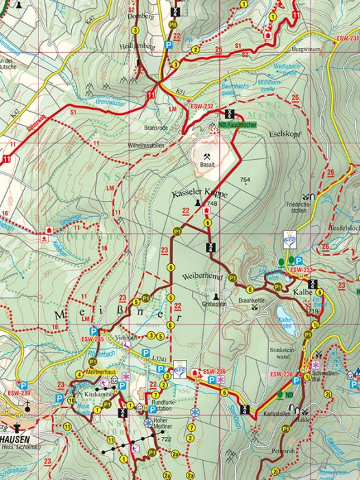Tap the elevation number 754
pyautogui.click(x=245, y=180)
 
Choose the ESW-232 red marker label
pyautogui.click(x=202, y=107)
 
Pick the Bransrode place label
pyautogui.click(x=157, y=128)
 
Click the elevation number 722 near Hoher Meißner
pyautogui.click(x=165, y=439)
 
